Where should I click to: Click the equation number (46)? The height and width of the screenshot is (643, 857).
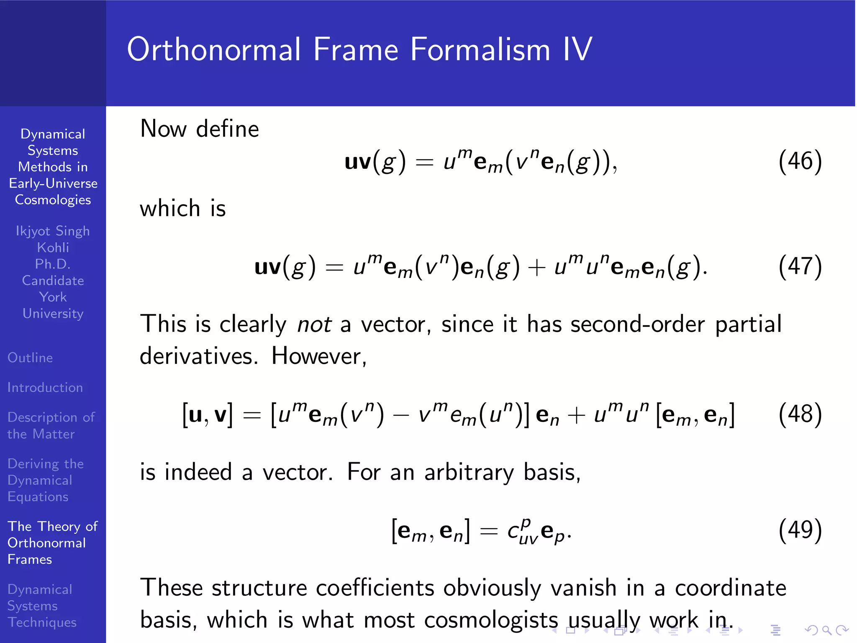click(x=800, y=161)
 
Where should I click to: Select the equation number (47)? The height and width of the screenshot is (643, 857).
click(x=800, y=266)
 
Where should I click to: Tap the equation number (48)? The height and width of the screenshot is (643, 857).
click(x=800, y=414)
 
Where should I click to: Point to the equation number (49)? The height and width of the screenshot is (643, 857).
click(x=800, y=530)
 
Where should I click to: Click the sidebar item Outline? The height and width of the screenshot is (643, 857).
click(x=30, y=358)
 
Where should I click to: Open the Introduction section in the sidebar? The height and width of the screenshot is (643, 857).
click(x=45, y=387)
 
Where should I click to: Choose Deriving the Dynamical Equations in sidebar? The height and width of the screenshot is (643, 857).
click(x=45, y=480)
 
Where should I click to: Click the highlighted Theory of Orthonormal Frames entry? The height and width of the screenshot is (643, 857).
click(x=52, y=543)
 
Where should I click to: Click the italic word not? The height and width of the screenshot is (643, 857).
click(x=314, y=324)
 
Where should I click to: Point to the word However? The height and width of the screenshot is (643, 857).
click(x=319, y=357)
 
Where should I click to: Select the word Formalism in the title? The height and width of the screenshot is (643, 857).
click(x=480, y=49)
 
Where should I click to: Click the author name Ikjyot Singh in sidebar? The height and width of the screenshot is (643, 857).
click(x=53, y=231)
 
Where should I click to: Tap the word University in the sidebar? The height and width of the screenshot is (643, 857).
click(x=53, y=314)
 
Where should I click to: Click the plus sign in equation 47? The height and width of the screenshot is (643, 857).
click(x=537, y=267)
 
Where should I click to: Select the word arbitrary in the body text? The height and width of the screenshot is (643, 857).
click(x=469, y=473)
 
